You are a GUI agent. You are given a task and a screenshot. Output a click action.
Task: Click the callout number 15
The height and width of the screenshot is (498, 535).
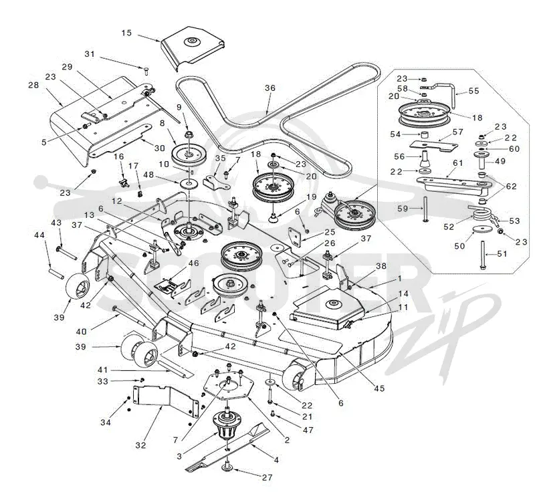pos(126,33)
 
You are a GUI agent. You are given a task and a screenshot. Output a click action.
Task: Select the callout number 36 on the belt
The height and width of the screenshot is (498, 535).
pos(270,88)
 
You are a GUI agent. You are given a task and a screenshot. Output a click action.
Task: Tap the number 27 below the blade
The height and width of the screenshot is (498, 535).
pos(267,477)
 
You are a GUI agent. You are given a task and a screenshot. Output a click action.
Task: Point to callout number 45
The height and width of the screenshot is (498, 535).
pos(379,388)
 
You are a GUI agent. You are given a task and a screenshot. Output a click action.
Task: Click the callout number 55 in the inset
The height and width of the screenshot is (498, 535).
pos(474,91)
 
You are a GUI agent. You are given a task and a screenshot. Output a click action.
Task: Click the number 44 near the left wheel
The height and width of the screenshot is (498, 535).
pos(39,235)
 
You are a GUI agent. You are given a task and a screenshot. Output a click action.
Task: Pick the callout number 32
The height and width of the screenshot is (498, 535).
pos(140,445)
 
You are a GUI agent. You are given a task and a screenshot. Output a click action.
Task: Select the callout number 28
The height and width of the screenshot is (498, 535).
pos(33,85)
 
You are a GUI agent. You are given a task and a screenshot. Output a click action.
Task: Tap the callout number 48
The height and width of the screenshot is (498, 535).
pos(148,175)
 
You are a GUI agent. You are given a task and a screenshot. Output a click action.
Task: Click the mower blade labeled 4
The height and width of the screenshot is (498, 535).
pos(228,447)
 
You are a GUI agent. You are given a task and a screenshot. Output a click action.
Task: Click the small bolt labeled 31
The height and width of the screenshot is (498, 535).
pos(146,71)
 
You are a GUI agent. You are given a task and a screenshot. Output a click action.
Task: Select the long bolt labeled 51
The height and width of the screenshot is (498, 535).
pos(482,255)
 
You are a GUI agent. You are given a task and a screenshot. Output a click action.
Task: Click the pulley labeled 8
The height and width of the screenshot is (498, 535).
pos(188,154)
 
